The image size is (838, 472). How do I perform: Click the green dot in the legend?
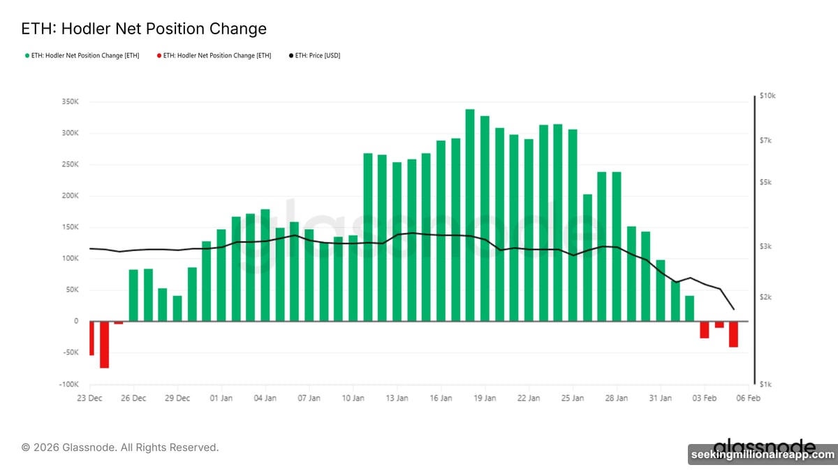pos(27,55)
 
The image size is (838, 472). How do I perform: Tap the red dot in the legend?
pos(159,55)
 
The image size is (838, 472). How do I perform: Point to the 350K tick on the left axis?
pos(70,102)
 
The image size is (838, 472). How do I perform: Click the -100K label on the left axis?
pos(68,385)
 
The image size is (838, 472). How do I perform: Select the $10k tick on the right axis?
pos(767,95)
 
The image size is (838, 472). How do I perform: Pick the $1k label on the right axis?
pos(765,385)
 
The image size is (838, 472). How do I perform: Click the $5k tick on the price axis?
pos(765,182)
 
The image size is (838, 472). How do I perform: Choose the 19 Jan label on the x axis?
pos(485,399)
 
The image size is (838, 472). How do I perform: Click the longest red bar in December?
pos(104,345)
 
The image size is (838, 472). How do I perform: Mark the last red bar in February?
pos(733,334)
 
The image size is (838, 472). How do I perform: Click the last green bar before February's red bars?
pos(689,308)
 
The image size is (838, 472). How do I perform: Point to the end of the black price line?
pos(733,309)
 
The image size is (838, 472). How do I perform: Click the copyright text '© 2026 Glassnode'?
pos(120,447)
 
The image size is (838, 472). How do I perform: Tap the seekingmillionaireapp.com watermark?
pos(762,455)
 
